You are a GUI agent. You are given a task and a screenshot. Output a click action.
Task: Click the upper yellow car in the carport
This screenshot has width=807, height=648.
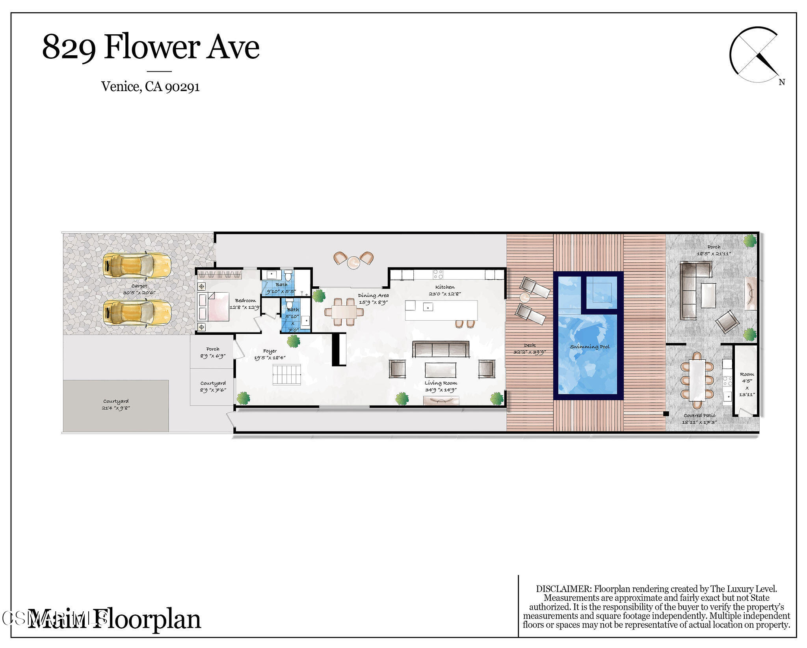137,265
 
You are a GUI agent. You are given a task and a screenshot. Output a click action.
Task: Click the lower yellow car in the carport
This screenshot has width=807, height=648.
137,313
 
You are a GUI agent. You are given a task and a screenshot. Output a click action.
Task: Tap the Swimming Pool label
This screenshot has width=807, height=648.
589,347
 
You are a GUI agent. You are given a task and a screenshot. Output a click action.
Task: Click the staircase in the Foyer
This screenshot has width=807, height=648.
287,375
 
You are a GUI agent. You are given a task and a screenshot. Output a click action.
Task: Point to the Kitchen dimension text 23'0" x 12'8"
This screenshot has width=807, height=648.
444,294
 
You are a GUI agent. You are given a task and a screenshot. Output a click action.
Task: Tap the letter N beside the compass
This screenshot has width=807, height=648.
782,82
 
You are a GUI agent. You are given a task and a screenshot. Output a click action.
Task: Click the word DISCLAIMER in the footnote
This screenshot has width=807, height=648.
563,589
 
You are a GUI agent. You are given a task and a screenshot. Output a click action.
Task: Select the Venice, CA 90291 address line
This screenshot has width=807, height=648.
150,86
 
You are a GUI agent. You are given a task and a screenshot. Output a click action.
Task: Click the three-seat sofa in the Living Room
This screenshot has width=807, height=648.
441,349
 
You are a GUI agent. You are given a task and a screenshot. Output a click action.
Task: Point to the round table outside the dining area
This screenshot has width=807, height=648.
353,262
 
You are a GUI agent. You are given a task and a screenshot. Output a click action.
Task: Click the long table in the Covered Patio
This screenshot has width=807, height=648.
697,380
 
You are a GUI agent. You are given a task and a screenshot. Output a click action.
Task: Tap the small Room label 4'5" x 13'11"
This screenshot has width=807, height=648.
747,385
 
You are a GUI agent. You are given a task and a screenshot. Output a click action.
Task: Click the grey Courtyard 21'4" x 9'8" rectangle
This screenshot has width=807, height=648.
116,405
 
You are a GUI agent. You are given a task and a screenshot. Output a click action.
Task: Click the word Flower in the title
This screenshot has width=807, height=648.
153,47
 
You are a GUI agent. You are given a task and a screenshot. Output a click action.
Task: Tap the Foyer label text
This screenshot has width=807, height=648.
270,351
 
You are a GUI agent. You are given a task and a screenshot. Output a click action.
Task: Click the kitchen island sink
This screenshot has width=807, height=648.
428,307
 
